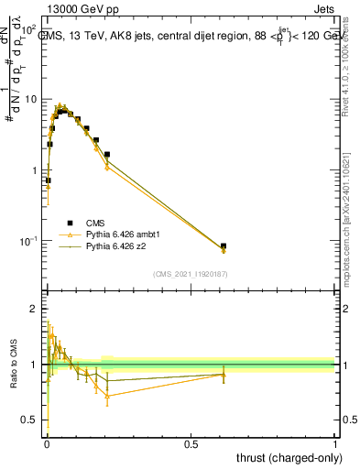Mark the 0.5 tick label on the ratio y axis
click(x=31, y=420)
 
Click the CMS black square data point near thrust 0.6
click(x=224, y=245)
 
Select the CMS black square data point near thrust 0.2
click(x=107, y=155)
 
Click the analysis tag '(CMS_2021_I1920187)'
click(x=191, y=274)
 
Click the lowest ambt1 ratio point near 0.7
click(x=107, y=396)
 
